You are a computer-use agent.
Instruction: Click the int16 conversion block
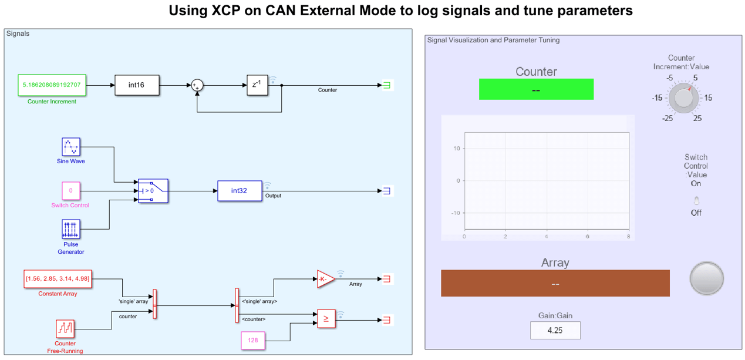coord(136,85)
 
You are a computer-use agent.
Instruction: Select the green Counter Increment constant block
coord(52,85)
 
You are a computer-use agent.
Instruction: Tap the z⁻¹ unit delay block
coord(257,85)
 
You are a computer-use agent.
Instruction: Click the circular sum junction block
coord(197,85)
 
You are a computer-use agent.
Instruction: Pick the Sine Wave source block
coord(71,147)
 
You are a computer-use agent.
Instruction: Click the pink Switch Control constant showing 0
coord(71,191)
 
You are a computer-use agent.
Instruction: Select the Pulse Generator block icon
coord(71,229)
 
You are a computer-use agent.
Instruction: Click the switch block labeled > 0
coord(153,191)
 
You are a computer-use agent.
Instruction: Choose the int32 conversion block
coord(240,191)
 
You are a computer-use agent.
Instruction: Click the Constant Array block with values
coord(58,278)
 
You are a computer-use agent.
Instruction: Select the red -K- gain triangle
coord(325,279)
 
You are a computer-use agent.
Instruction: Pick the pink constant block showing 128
coord(253,340)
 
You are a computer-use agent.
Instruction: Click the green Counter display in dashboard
coord(536,89)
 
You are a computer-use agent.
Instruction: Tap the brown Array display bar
coord(555,283)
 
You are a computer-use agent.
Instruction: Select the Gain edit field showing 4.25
coord(555,331)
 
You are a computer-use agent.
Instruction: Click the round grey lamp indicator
coord(706,278)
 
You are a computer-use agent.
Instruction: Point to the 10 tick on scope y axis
coord(456,149)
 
